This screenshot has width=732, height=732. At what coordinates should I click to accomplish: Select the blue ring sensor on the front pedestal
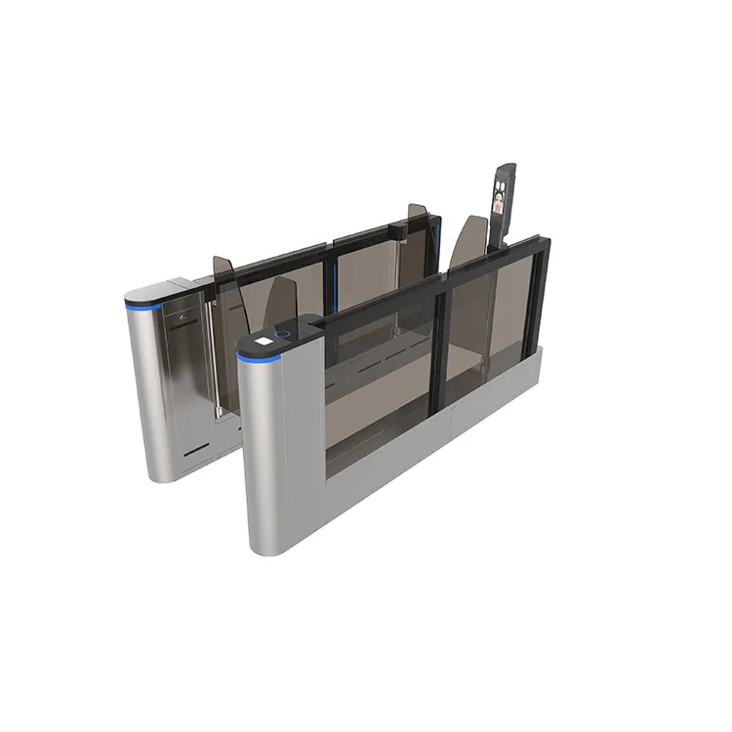coord(283,334)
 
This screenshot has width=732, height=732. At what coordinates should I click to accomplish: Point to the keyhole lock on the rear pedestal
coord(183,315)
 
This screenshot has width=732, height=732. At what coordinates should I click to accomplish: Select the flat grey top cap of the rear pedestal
coord(151,292)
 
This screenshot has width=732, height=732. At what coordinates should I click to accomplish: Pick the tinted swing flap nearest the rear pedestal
coord(224,293)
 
